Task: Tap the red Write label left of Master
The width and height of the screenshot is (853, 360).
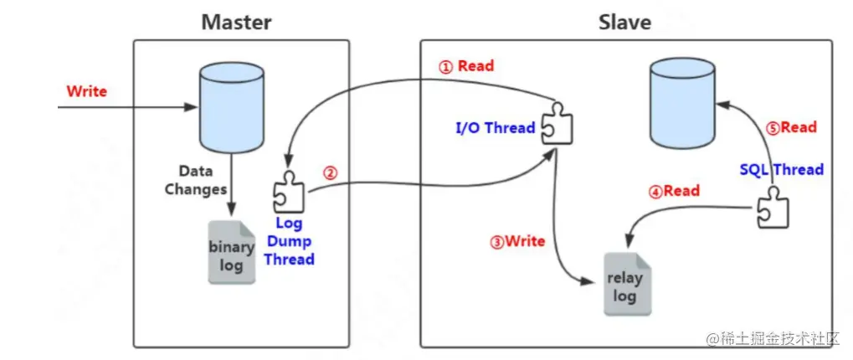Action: coord(87,90)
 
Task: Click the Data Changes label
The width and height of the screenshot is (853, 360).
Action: coord(195,179)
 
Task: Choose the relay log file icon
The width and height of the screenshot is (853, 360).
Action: coord(624,284)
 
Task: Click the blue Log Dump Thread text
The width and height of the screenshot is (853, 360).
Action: coord(289,241)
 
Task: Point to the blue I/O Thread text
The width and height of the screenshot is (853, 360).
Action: coord(495,128)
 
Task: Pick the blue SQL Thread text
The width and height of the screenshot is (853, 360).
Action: coord(781,169)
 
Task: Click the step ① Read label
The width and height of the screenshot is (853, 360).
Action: coord(466,66)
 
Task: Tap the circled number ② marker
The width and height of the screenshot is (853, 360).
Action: coord(330,173)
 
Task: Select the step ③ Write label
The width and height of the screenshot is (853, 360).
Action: coord(517,241)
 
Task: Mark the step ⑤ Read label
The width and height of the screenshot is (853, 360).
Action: coord(791,127)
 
